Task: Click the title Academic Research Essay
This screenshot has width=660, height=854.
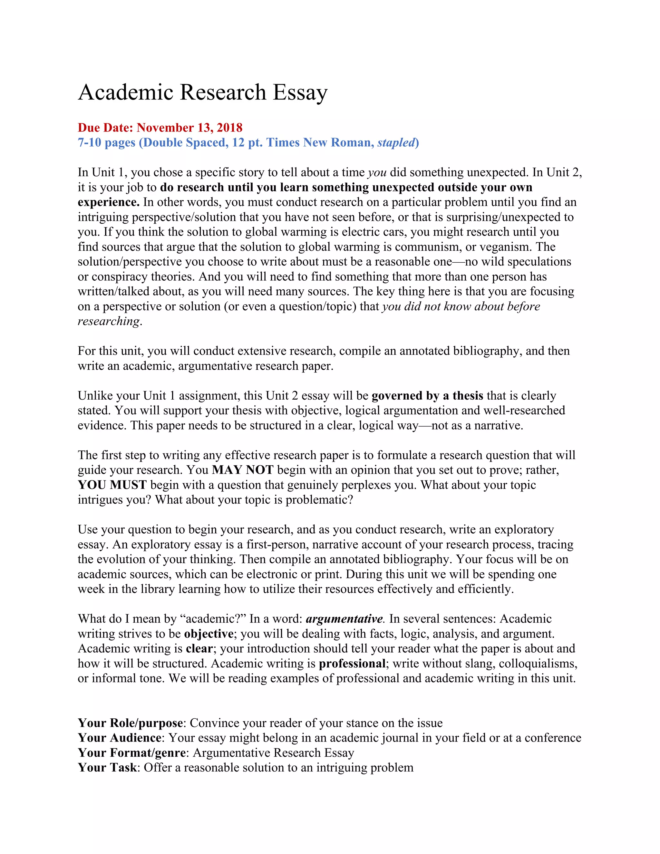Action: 202,93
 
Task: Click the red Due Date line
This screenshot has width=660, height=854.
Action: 160,128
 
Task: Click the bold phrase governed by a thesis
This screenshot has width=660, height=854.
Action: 427,396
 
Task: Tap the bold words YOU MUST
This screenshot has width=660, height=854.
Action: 112,485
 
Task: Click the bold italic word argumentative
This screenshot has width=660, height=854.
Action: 344,619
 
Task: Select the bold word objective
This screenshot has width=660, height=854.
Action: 209,634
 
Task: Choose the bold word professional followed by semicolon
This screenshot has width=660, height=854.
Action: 352,664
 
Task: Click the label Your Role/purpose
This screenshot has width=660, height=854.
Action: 130,723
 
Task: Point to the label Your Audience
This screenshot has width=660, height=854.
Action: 119,738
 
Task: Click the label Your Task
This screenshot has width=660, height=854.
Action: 107,768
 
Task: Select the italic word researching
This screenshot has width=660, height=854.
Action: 109,321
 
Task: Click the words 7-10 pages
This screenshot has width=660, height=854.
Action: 106,143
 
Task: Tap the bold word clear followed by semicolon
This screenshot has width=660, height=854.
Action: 199,649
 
